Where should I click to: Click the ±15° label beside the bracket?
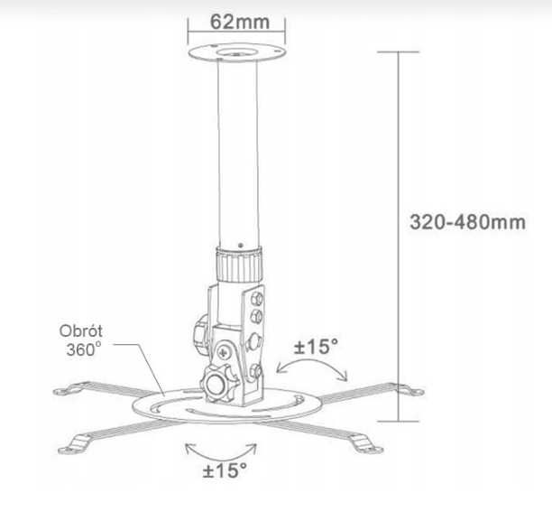[317, 346]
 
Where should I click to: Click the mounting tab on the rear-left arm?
[65, 391]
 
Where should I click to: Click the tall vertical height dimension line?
[399, 235]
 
